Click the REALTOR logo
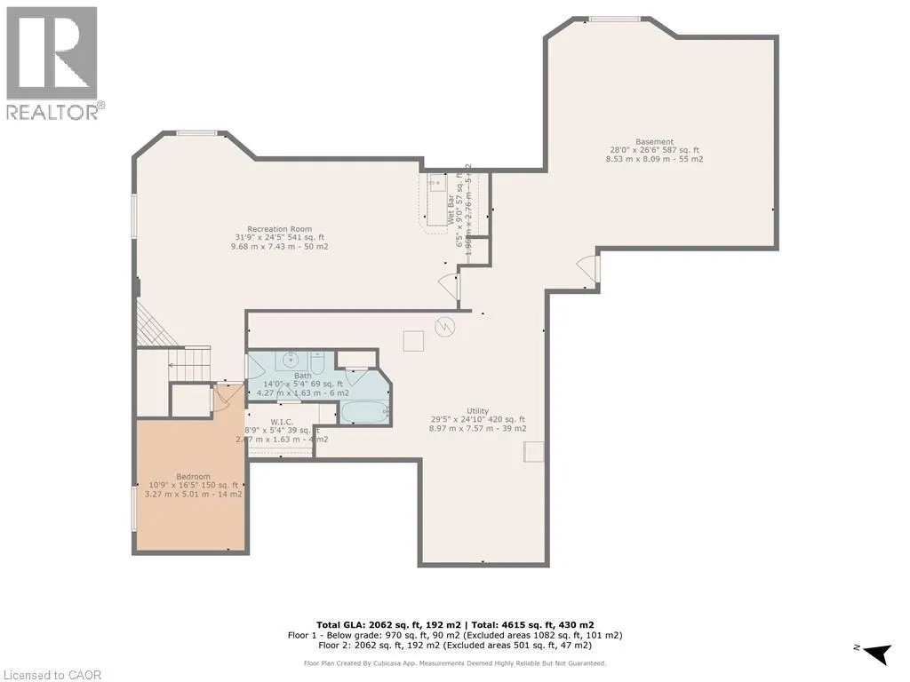tap(52, 62)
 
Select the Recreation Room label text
tap(279, 229)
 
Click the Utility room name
tap(478, 410)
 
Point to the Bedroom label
tap(194, 476)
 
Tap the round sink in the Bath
tap(289, 361)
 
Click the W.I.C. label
tap(283, 421)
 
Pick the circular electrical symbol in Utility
tap(444, 326)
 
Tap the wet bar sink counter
tap(437, 200)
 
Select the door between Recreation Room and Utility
tap(450, 286)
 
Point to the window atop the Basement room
tap(615, 18)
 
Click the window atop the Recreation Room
tap(196, 133)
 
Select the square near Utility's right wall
tap(533, 452)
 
